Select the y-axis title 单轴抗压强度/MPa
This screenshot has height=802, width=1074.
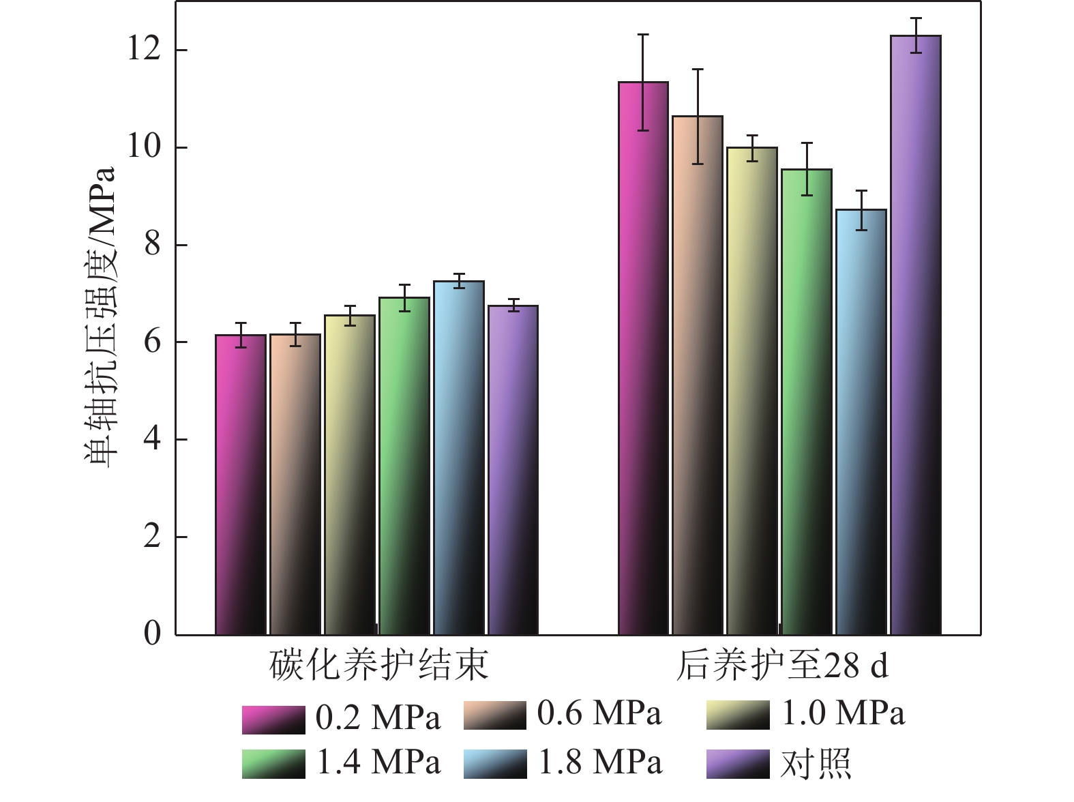tap(101, 316)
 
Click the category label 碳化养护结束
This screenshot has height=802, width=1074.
tap(379, 665)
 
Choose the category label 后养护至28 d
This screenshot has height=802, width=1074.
tap(782, 665)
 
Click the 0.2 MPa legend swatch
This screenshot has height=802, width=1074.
tap(273, 719)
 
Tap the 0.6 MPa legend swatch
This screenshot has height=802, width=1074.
tap(495, 715)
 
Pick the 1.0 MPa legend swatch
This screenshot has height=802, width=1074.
tap(738, 715)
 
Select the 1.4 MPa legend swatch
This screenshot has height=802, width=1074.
tap(273, 764)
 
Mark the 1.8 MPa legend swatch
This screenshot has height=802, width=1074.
tap(495, 764)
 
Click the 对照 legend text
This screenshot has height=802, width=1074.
tap(816, 764)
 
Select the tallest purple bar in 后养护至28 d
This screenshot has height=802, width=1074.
tap(916, 334)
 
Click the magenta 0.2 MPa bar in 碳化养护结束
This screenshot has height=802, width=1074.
tap(241, 484)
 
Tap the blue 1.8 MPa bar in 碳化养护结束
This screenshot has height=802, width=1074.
tap(459, 457)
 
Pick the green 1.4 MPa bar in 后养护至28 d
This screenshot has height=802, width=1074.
tap(807, 402)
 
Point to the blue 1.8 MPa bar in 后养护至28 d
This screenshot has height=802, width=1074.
tap(861, 423)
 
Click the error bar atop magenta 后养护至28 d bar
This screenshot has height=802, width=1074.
tap(643, 82)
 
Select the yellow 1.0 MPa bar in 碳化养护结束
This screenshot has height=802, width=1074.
tap(350, 474)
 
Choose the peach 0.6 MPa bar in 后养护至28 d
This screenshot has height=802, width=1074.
tap(698, 375)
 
